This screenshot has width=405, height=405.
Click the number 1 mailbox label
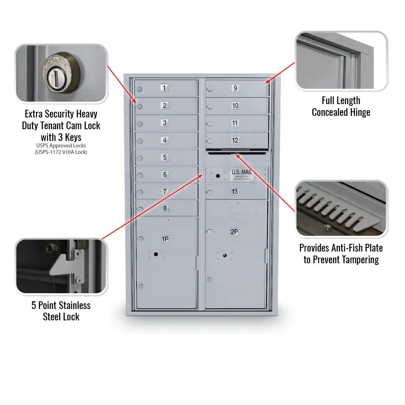(164, 88)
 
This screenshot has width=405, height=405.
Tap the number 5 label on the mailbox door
(164, 157)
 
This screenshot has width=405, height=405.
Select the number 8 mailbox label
(165, 209)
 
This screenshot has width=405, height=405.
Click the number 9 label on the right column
(235, 88)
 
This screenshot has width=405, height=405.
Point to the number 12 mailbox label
(235, 140)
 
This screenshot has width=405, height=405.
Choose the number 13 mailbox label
(235, 192)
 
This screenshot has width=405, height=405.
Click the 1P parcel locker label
(165, 239)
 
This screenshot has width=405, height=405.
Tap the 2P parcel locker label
(234, 232)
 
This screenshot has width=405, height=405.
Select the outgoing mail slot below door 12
(237, 153)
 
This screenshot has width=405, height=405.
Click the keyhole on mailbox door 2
(139, 107)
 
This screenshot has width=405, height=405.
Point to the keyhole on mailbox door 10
(210, 107)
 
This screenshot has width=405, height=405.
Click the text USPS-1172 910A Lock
(61, 152)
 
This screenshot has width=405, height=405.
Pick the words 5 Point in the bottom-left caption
(45, 305)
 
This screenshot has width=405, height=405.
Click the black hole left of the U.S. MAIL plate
(218, 176)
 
